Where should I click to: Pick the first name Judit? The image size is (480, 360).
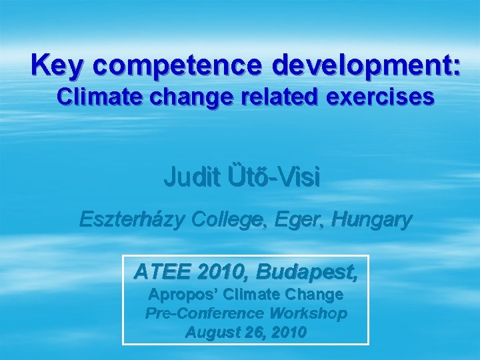(x=188, y=178)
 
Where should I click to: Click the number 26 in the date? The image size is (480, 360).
(x=250, y=332)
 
